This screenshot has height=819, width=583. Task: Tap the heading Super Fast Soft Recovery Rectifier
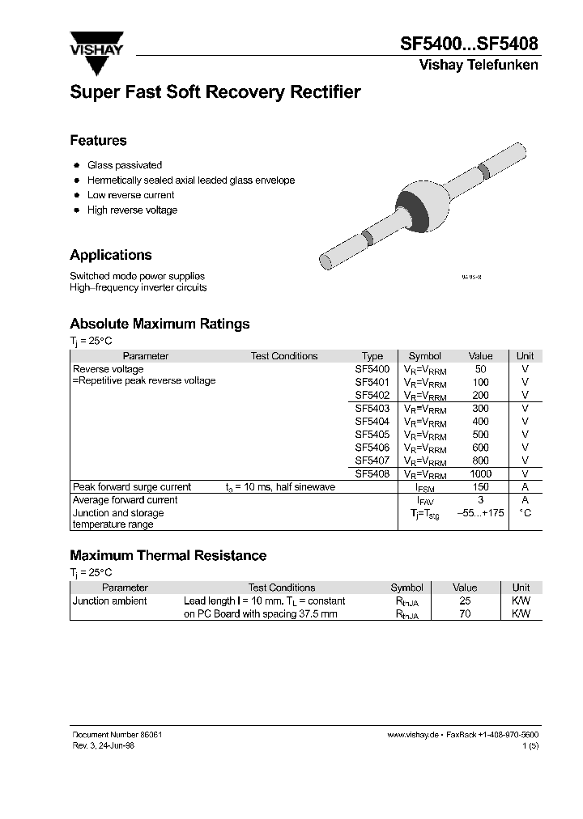tap(215, 92)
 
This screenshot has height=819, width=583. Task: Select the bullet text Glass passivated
tap(125, 165)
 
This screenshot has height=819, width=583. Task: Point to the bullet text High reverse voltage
tap(132, 210)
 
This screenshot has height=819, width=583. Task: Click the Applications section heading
tap(111, 255)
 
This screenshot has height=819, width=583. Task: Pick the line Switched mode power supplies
tap(138, 276)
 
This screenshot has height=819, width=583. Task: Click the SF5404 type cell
tap(372, 422)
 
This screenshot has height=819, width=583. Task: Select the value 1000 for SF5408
tap(480, 473)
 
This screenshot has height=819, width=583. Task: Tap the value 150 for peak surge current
tap(480, 487)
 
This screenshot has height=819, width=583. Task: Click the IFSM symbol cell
tap(425, 488)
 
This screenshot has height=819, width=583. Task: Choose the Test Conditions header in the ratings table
tap(283, 356)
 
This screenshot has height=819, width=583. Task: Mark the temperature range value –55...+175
tap(480, 513)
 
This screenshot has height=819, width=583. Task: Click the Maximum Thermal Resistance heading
tap(168, 556)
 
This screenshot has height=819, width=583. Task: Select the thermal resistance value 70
tap(465, 614)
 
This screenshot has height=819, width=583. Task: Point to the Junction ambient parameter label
tap(110, 601)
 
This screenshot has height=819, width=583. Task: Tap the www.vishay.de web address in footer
tap(413, 734)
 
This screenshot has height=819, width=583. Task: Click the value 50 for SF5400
tap(480, 369)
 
